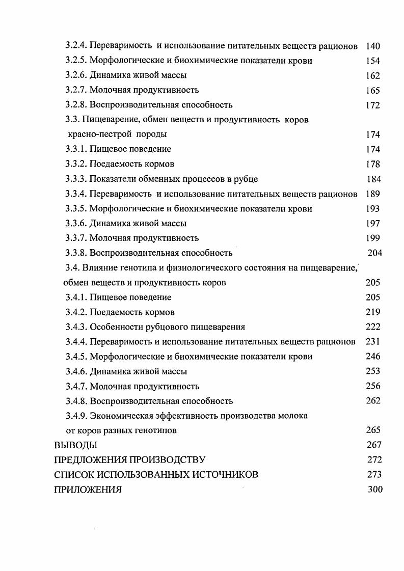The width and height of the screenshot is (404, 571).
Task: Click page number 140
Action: tap(373, 46)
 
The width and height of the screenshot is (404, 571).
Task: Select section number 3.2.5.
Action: tap(76, 61)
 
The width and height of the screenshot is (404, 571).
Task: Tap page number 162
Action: tap(373, 75)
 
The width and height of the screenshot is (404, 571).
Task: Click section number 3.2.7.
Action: tap(76, 90)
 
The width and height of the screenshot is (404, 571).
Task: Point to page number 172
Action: tap(373, 105)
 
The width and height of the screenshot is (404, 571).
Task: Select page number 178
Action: tap(373, 164)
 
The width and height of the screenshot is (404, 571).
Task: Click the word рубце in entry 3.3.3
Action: tap(246, 179)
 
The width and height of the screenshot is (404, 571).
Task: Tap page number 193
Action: tap(373, 209)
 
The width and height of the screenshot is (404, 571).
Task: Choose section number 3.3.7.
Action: tap(76, 238)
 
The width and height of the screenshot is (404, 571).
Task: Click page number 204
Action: tap(374, 253)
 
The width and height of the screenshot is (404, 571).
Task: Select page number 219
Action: tap(373, 312)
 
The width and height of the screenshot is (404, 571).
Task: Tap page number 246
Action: tap(373, 357)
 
